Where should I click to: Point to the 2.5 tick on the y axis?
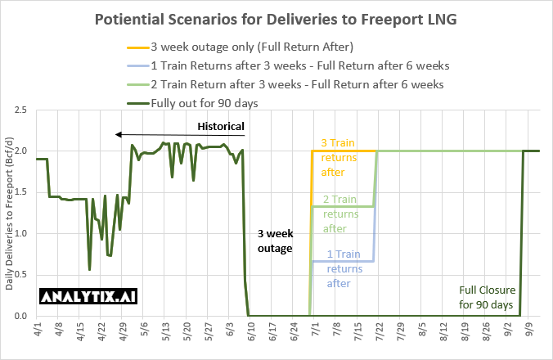pyautogui.click(x=22, y=110)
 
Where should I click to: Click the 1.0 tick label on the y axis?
pyautogui.click(x=22, y=233)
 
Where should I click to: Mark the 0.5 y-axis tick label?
pyautogui.click(x=22, y=275)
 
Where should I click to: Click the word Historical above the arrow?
pyautogui.click(x=221, y=126)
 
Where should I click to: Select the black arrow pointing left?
pyautogui.click(x=180, y=135)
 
